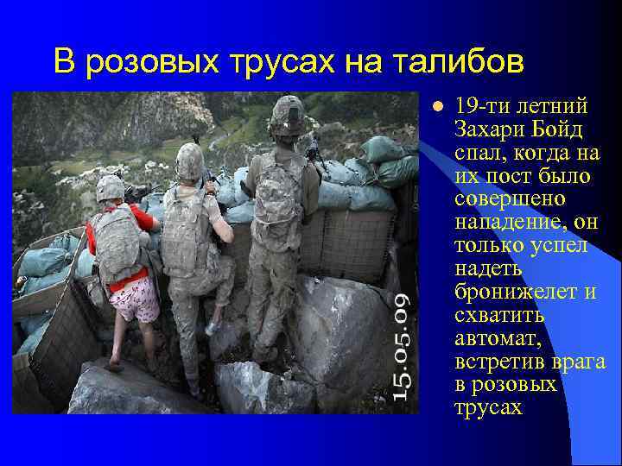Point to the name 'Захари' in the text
coord(490,129)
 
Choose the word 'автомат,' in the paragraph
coord(496,338)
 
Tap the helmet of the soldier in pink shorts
coord(110,187)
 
